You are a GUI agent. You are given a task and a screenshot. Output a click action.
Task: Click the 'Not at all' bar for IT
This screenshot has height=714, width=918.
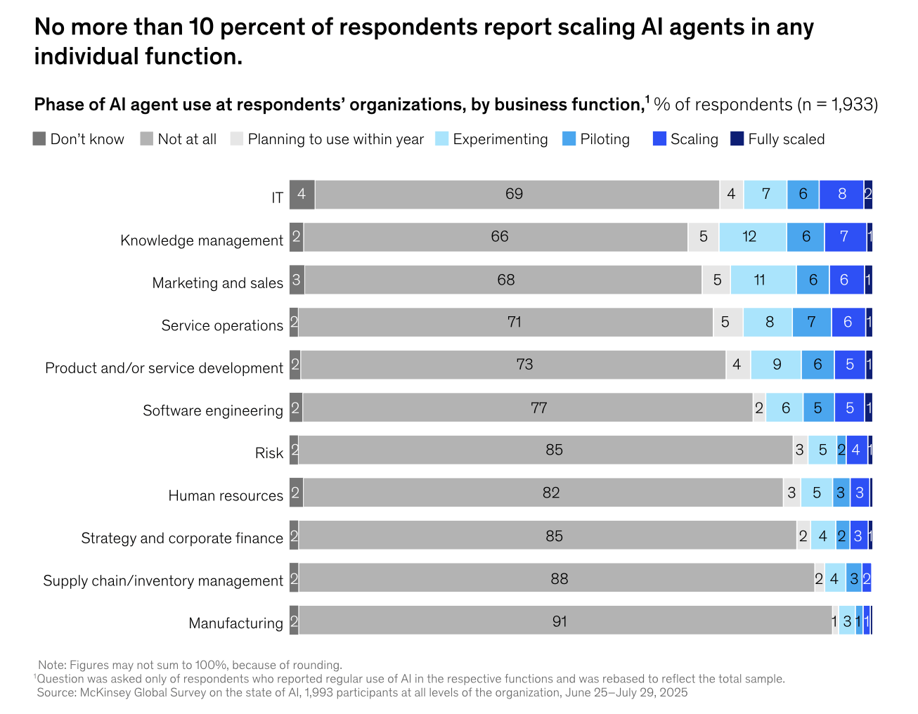click(517, 195)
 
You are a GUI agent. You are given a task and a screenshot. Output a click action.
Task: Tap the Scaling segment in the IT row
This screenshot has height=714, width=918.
click(841, 195)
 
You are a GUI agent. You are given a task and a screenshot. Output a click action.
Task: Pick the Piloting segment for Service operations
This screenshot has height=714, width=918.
click(811, 322)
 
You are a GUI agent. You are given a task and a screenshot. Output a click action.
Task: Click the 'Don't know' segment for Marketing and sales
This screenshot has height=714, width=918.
click(297, 280)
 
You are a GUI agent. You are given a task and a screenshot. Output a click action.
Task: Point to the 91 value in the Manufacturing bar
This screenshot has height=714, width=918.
click(560, 621)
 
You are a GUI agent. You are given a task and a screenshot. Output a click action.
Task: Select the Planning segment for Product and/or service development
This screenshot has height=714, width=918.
click(737, 365)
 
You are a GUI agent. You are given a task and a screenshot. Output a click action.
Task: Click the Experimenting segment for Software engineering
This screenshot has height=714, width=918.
click(784, 408)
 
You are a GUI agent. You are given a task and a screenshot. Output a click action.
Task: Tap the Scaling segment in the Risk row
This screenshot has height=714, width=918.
click(856, 450)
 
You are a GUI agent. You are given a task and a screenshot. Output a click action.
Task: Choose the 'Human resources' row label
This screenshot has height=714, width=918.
click(226, 496)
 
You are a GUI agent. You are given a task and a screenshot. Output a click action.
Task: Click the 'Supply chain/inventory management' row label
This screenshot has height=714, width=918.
click(163, 581)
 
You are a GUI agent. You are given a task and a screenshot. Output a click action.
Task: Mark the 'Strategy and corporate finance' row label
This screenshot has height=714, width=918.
click(182, 538)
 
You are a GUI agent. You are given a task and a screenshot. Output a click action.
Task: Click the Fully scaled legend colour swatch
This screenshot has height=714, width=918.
click(737, 138)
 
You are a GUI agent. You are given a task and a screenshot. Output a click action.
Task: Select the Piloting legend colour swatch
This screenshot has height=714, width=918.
click(569, 138)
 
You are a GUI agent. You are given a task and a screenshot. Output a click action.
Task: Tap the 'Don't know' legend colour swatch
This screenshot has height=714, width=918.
click(39, 138)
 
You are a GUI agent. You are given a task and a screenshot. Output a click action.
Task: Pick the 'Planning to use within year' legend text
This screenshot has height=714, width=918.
click(336, 139)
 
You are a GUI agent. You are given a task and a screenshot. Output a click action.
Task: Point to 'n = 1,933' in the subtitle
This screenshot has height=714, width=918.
click(837, 105)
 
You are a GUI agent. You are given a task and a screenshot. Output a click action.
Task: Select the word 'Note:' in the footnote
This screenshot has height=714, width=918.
click(52, 665)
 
